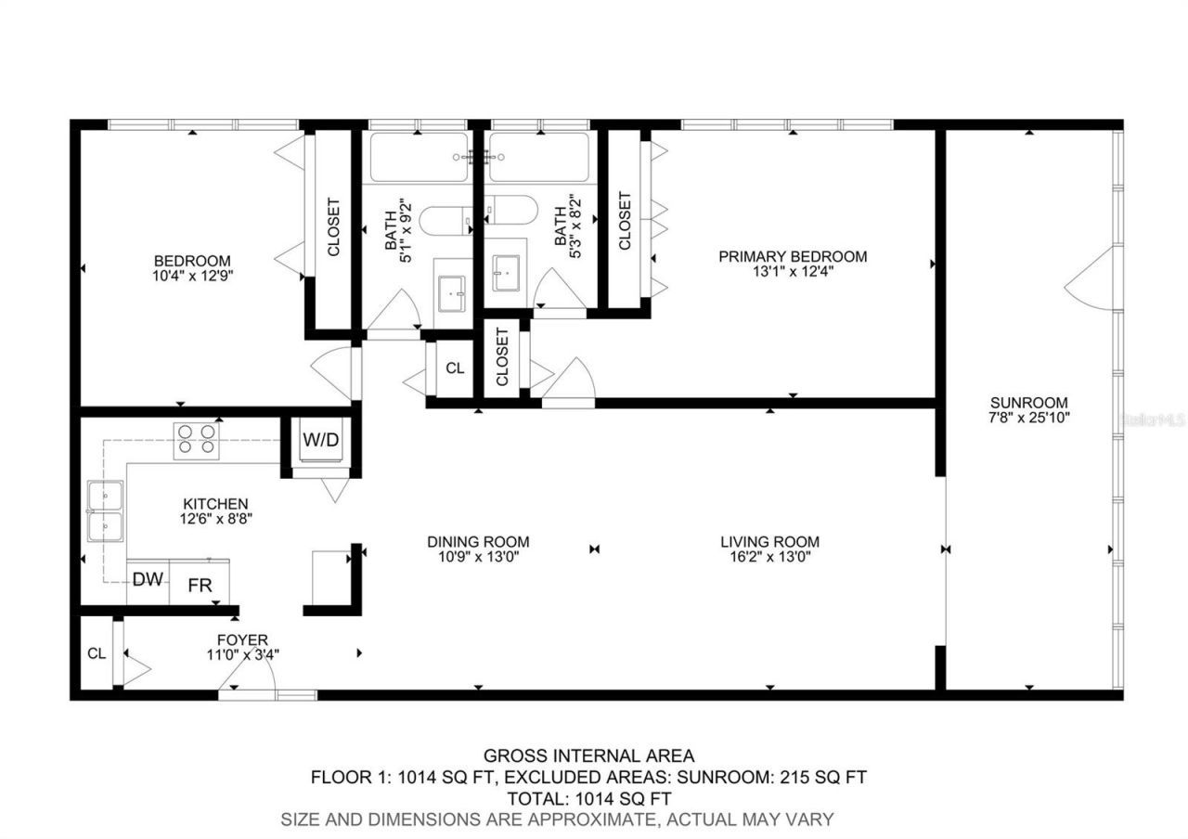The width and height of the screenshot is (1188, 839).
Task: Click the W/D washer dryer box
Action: tap(321, 440)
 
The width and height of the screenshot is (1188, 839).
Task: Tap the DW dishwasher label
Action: tap(148, 580)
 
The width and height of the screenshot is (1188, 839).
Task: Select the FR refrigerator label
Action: tap(200, 586)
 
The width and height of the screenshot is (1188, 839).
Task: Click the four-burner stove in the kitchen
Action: tap(197, 439)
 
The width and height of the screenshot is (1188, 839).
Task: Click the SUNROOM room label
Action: tap(1028, 403)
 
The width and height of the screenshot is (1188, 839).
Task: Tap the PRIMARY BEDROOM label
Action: tap(793, 256)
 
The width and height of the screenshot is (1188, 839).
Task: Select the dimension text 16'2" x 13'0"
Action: tap(769, 558)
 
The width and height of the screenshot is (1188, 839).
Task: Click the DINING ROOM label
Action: tap(478, 542)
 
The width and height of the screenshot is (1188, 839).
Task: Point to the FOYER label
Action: tap(242, 639)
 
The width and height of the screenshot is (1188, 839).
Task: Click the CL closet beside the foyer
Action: tap(97, 653)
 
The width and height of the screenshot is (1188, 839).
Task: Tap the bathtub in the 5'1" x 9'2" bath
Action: tap(420, 158)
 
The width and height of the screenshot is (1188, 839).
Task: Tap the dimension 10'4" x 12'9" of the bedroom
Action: tap(192, 276)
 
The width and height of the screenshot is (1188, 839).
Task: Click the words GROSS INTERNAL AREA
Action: tap(588, 755)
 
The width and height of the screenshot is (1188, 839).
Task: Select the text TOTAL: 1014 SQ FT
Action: tap(588, 798)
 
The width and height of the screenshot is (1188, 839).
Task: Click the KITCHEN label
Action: tap(214, 504)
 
